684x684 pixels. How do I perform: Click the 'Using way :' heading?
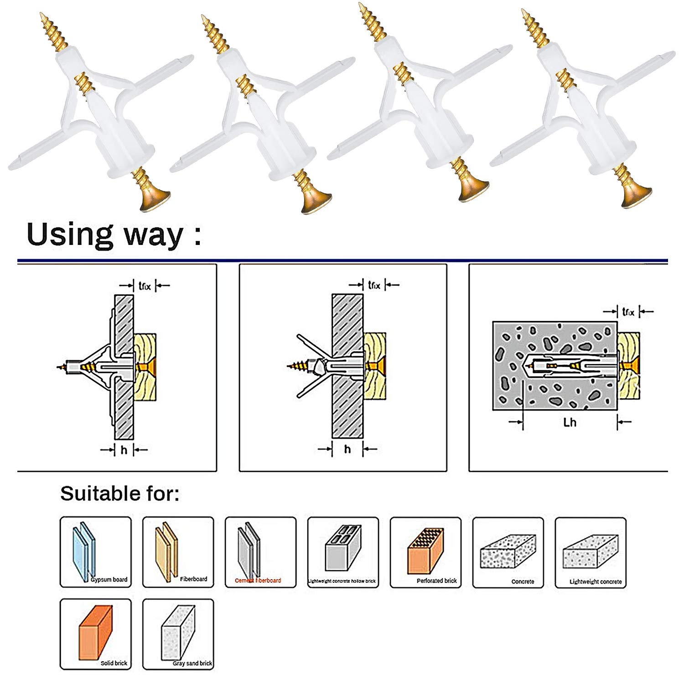114,234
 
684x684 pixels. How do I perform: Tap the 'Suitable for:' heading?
119,493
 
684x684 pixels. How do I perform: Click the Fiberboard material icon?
166,551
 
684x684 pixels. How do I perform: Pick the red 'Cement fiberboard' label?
258,580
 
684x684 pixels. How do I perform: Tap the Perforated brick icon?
425,550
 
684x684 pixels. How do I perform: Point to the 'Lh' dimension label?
570,422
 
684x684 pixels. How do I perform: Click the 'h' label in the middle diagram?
347,450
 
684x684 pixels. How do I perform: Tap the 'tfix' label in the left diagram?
145,286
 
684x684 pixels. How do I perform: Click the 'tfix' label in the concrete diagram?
628,312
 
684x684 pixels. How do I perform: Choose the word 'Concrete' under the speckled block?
523,582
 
